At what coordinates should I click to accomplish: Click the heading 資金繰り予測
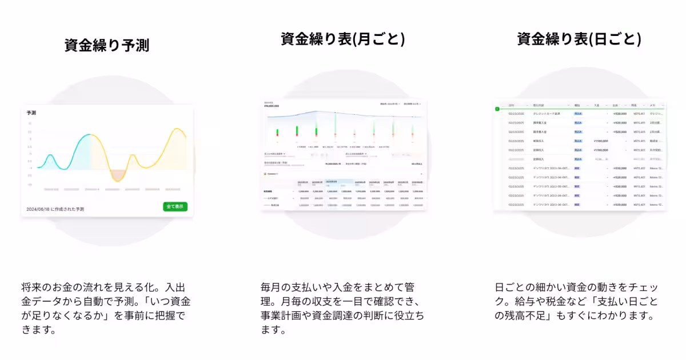[x=106, y=45]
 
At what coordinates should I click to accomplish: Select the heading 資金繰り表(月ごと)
[x=342, y=39]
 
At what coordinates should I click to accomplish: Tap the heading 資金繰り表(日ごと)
[x=579, y=39]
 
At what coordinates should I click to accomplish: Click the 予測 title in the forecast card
[x=31, y=113]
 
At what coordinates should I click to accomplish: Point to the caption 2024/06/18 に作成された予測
[x=55, y=209]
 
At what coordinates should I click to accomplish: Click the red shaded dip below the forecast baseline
[x=117, y=175]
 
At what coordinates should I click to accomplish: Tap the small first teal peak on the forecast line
[x=50, y=155]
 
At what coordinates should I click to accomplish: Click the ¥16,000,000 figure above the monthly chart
[x=272, y=106]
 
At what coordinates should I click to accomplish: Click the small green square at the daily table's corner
[x=497, y=109]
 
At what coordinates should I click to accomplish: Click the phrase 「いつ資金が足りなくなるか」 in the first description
[x=109, y=309]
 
